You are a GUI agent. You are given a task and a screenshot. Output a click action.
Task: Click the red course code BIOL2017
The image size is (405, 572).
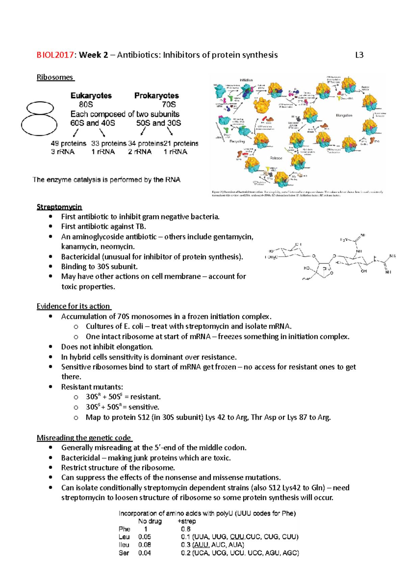[x=55, y=55]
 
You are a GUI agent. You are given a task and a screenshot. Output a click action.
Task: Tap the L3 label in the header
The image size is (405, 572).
[x=359, y=55]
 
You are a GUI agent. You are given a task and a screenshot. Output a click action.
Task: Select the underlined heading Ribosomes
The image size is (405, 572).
[x=55, y=77]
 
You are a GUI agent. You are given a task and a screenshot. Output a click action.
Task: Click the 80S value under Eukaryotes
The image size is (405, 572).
[x=86, y=104]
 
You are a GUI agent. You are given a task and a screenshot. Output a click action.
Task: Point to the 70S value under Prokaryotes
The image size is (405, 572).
[x=169, y=104]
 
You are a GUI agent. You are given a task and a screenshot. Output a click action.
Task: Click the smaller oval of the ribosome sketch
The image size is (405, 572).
[x=40, y=108]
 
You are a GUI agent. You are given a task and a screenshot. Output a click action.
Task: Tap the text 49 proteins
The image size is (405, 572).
[x=69, y=144]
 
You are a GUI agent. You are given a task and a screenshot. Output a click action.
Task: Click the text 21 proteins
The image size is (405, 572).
[x=181, y=144]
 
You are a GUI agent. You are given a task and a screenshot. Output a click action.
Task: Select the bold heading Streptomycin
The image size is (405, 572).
[x=59, y=207]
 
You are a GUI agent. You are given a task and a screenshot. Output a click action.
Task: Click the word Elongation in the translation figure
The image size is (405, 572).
[x=344, y=115]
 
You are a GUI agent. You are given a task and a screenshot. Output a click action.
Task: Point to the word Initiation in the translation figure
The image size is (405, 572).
[x=246, y=80]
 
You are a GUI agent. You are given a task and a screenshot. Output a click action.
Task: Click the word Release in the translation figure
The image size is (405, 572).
[x=276, y=158]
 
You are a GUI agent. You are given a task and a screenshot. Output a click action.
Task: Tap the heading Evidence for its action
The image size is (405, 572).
[x=73, y=306]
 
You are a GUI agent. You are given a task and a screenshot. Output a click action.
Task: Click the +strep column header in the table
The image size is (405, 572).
[x=187, y=521]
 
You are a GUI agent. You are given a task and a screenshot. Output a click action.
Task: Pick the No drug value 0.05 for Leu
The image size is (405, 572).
[x=144, y=537]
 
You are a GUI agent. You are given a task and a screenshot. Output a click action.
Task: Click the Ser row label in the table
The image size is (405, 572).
[x=124, y=553]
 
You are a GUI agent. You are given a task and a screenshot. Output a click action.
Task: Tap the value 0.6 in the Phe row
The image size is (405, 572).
[x=186, y=529]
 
